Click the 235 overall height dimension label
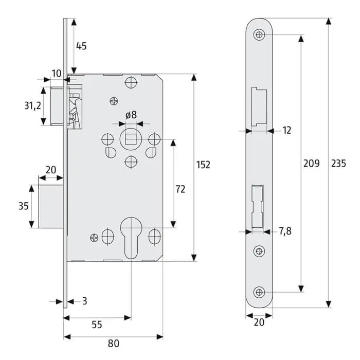coord(338,164)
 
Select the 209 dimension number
coord(311,164)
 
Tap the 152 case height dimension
coord(203,165)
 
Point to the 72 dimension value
coord(181,189)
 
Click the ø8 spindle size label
coord(131,115)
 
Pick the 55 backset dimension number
coord(97,325)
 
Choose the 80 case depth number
coord(114,344)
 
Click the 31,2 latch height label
coord(32,105)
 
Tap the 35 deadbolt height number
coord(24,206)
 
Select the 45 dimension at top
coord(81,46)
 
